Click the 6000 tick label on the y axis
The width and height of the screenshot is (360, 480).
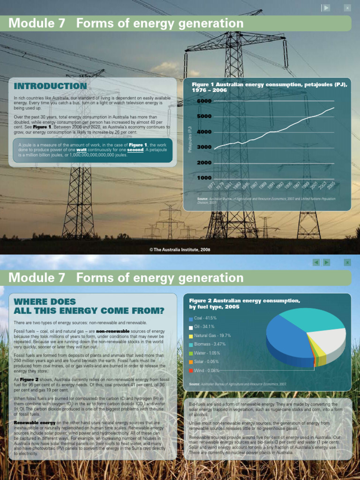204,101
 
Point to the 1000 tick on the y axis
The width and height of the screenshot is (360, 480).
204,178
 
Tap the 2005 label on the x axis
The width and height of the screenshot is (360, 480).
331,186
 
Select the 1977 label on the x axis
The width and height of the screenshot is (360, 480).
217,186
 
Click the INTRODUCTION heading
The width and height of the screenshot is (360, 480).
51,86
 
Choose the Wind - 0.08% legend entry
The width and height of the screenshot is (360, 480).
206,371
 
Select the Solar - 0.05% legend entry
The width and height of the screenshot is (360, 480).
206,362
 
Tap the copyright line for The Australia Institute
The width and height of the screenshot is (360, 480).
180,249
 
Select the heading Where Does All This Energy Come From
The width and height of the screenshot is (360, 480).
89,306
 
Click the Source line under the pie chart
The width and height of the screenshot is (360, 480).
237,384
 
